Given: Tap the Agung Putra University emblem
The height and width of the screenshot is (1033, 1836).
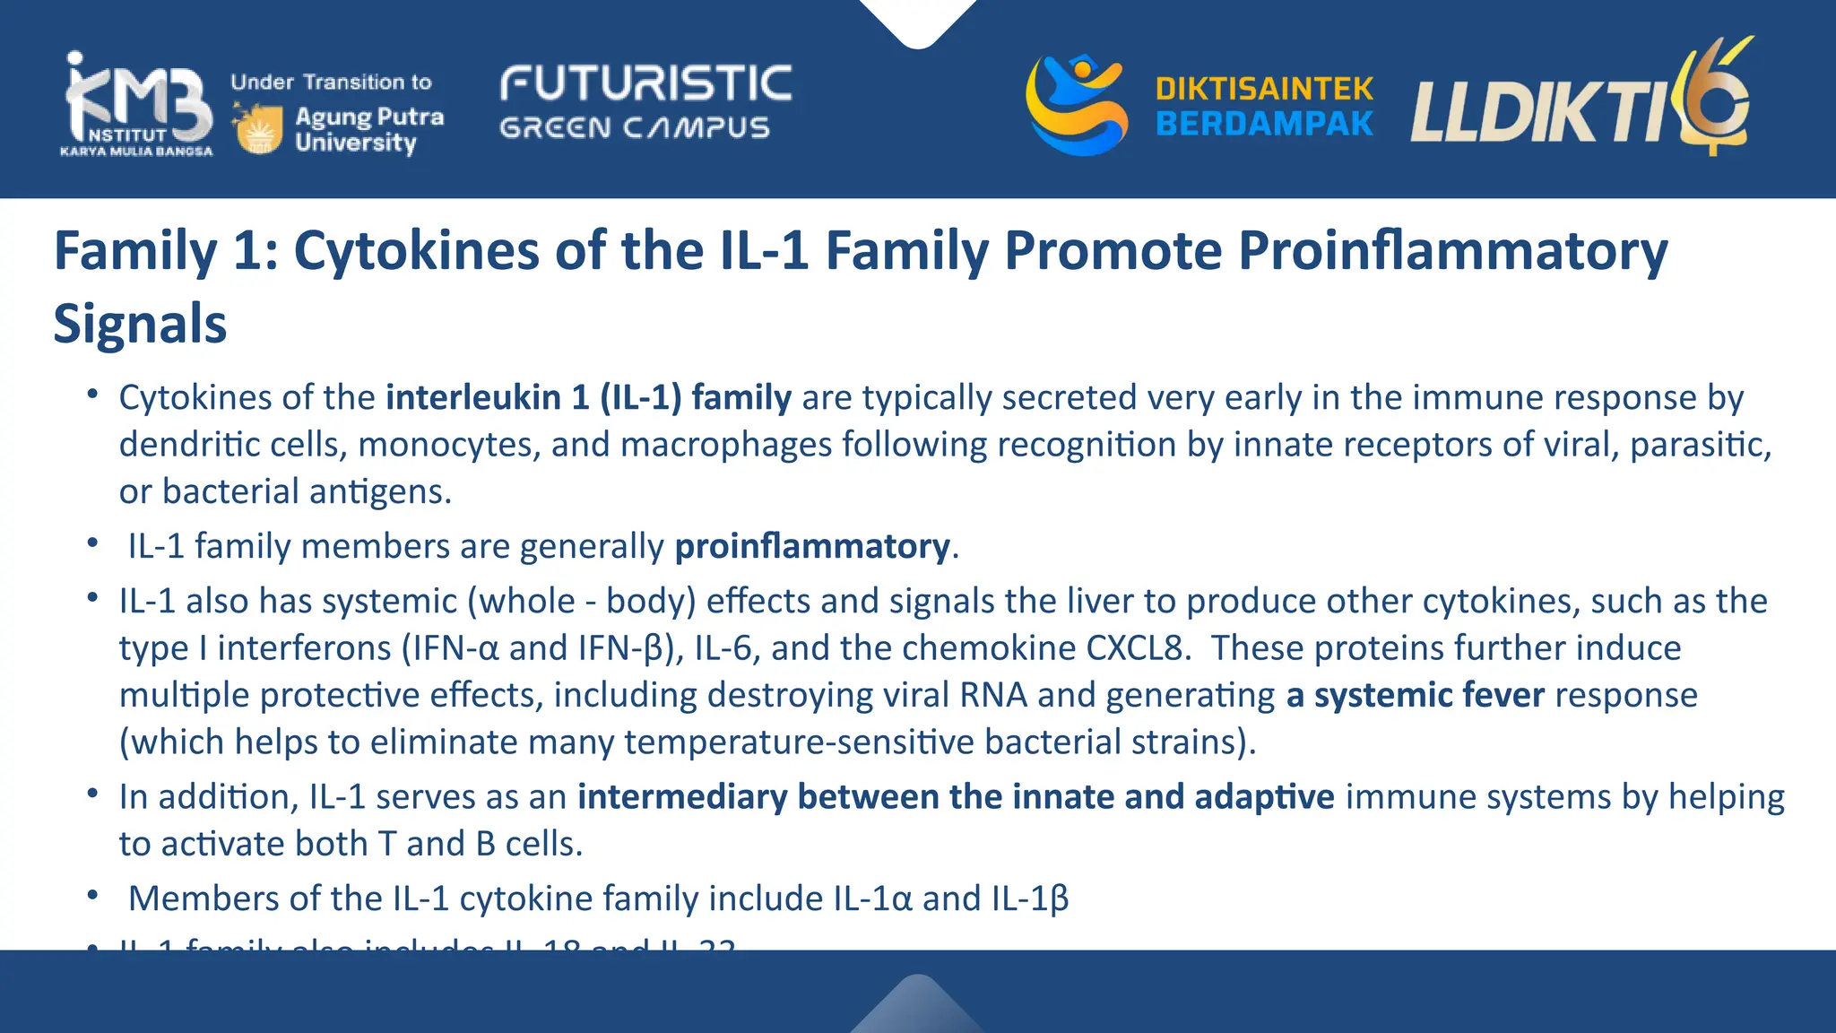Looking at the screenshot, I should [259, 128].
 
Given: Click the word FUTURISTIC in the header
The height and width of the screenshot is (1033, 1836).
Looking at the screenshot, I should [645, 84].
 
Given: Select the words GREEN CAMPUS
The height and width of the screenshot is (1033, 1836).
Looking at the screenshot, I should [635, 128].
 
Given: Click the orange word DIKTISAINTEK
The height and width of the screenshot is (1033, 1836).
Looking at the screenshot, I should [1264, 89].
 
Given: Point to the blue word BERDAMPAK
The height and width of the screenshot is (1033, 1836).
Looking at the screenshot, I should [1264, 124].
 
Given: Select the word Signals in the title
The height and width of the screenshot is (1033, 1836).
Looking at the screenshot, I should [140, 324].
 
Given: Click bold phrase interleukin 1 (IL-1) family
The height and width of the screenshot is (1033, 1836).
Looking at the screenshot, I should [589, 397].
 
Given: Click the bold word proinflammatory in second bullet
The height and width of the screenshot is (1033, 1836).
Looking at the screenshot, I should [812, 546].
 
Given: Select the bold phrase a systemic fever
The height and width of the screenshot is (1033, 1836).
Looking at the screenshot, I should [1416, 695].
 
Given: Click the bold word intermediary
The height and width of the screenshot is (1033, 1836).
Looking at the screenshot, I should [682, 797].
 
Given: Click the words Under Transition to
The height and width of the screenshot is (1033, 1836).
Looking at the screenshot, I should [331, 82].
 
